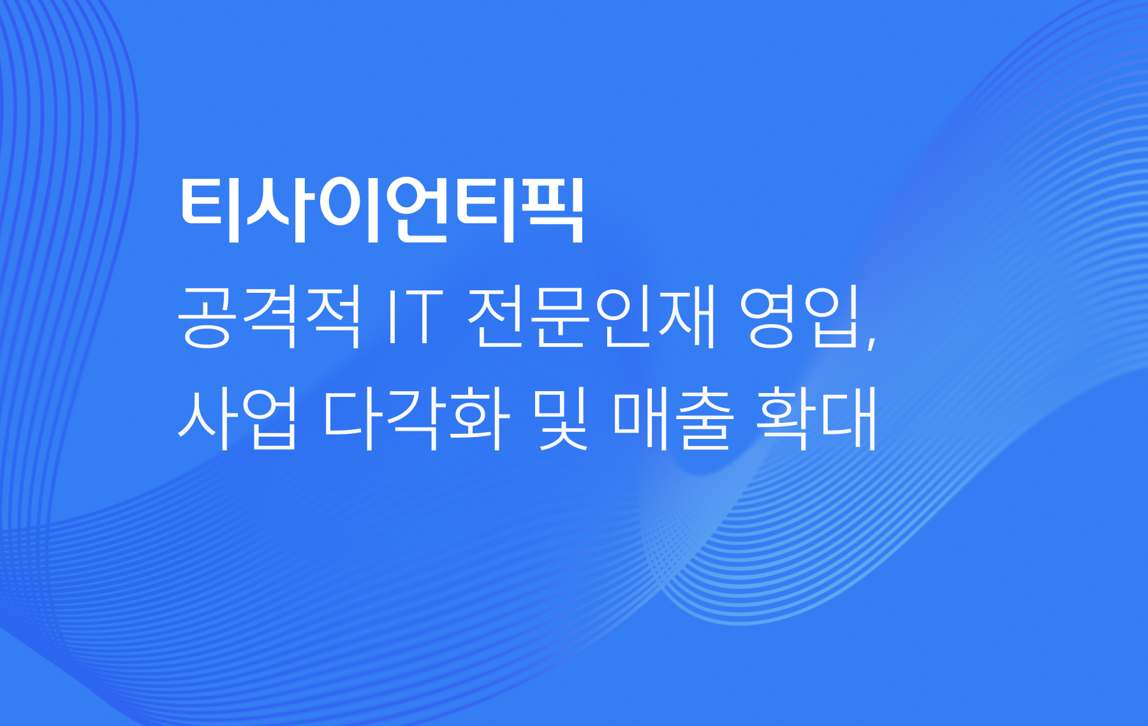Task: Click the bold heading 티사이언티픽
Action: (x=381, y=210)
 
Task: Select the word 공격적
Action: (x=269, y=317)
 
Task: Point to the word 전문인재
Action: (x=592, y=317)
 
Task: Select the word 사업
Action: (x=237, y=419)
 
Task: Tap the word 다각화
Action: (x=416, y=419)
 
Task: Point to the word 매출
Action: (x=672, y=419)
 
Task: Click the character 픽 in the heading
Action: (x=552, y=211)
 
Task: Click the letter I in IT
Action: (x=391, y=317)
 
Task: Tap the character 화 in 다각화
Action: (x=480, y=419)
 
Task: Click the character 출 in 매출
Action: (x=704, y=419)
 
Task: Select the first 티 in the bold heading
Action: (x=211, y=211)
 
